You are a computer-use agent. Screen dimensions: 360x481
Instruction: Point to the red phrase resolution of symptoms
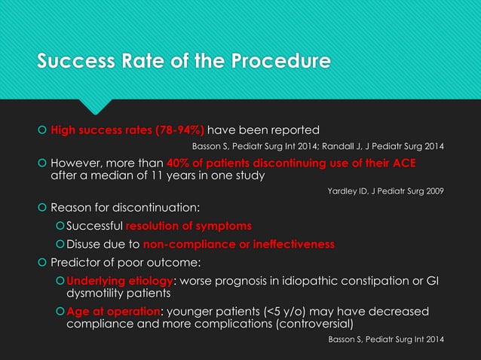[x=188, y=226]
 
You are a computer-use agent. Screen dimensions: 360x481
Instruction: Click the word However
[x=81, y=164]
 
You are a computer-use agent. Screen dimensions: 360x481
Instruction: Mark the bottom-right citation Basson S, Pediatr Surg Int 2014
[x=386, y=340]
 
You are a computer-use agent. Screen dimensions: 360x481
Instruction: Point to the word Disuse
[x=85, y=244]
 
